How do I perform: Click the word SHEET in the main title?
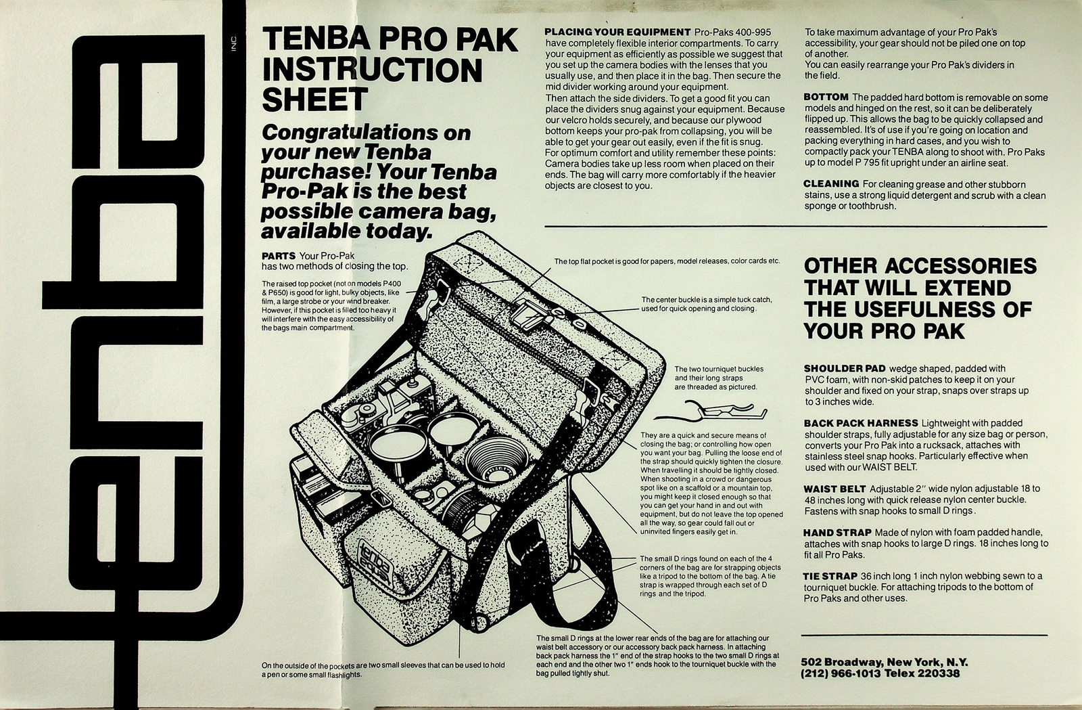pyautogui.click(x=314, y=100)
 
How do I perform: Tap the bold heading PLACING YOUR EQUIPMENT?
pyautogui.click(x=617, y=32)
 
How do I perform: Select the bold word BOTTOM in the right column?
pyautogui.click(x=826, y=97)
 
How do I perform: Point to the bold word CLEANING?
pyautogui.click(x=830, y=183)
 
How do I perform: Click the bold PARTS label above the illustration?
pyautogui.click(x=278, y=256)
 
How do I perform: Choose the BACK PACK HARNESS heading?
pyautogui.click(x=860, y=423)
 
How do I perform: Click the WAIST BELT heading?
pyautogui.click(x=834, y=489)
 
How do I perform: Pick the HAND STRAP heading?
pyautogui.click(x=837, y=533)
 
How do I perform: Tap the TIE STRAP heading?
pyautogui.click(x=830, y=576)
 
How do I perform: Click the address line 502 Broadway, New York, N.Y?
pyautogui.click(x=884, y=662)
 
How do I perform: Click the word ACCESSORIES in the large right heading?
pyautogui.click(x=960, y=265)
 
